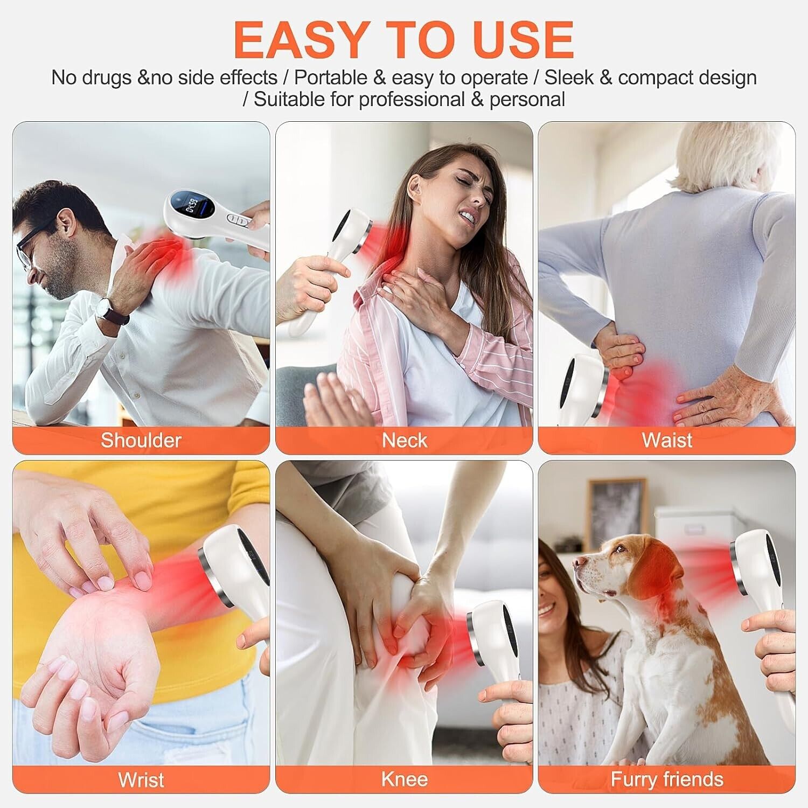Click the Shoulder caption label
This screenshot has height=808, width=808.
tap(141, 440)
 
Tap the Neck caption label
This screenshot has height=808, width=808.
tap(405, 440)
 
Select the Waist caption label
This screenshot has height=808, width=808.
tap(667, 440)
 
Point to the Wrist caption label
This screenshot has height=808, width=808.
tap(141, 779)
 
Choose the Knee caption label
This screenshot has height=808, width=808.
tap(405, 779)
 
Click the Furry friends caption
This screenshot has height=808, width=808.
tap(667, 779)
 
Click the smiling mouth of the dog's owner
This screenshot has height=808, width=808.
tap(546, 609)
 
